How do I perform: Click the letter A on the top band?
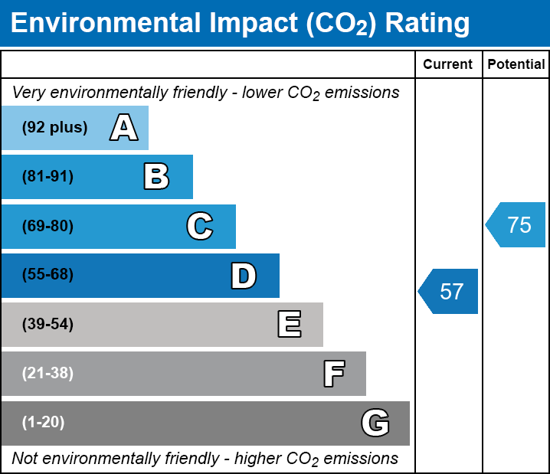click(124, 128)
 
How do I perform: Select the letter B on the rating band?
click(156, 177)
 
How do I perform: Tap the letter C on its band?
click(200, 226)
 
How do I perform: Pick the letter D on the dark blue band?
click(244, 276)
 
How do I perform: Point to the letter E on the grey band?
click(289, 325)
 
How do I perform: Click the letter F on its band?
click(333, 374)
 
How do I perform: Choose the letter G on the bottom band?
click(375, 423)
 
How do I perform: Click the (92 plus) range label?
click(54, 128)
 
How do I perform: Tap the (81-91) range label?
click(47, 177)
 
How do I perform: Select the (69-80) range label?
click(47, 226)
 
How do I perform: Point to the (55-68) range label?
click(47, 275)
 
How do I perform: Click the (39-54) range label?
click(47, 325)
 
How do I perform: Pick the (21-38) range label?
click(47, 374)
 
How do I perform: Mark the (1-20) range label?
click(44, 423)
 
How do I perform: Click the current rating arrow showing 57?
click(450, 291)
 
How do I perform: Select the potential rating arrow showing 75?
click(517, 225)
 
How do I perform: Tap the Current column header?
click(448, 65)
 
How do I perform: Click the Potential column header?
click(516, 65)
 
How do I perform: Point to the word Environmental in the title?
click(104, 24)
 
